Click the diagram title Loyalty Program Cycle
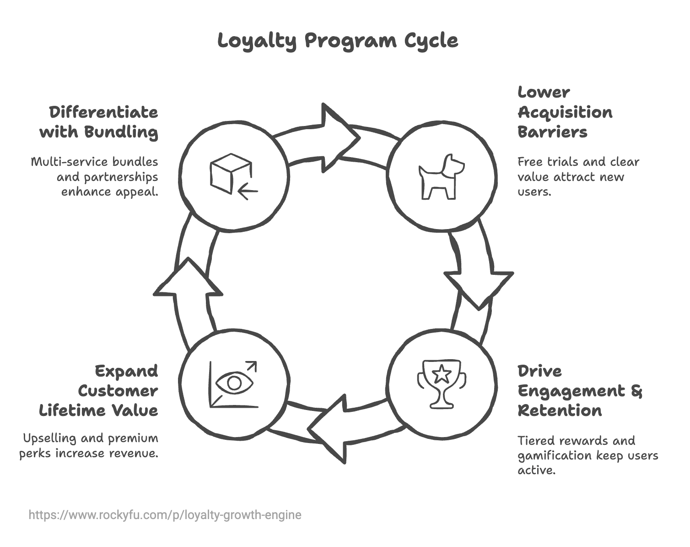click(338, 40)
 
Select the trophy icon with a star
click(442, 383)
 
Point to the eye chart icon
click(233, 384)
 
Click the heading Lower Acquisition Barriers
click(565, 112)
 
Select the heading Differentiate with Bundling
click(99, 122)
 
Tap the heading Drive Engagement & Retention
click(579, 391)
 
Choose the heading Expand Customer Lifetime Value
click(99, 391)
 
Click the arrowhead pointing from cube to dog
click(339, 137)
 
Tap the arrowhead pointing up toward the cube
click(188, 279)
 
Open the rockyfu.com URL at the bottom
click(165, 515)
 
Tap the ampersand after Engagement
click(636, 391)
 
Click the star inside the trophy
click(442, 374)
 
